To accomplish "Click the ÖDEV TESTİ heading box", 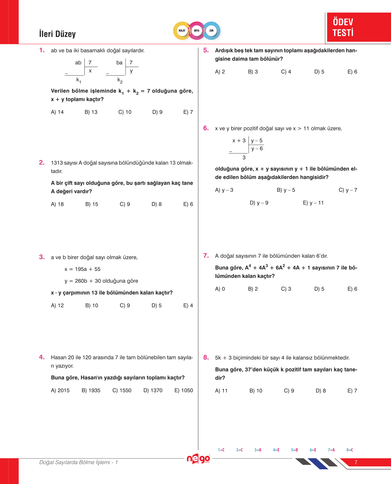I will point(358,27).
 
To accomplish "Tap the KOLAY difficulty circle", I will point(182,31).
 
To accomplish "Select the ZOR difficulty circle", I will point(211,31).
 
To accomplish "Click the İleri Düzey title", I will point(57,34).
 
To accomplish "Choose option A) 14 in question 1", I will point(57,112).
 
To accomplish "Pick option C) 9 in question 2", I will point(125,204).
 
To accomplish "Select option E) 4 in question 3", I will point(188,305).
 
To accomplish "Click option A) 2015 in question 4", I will point(60,390).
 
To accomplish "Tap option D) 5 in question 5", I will point(319,72).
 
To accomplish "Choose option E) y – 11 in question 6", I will point(313,203).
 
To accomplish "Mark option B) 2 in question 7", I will point(253,289).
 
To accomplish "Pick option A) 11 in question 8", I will point(221,391).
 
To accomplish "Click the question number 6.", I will point(206,128).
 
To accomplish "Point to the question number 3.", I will point(42,257).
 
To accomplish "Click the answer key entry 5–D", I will point(294,450).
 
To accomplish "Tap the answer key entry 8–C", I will point(350,450).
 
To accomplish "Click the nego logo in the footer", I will point(198,459).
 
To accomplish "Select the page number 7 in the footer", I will point(356,462).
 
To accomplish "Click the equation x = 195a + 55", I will point(83,269).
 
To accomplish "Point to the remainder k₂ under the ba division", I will point(120,80).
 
